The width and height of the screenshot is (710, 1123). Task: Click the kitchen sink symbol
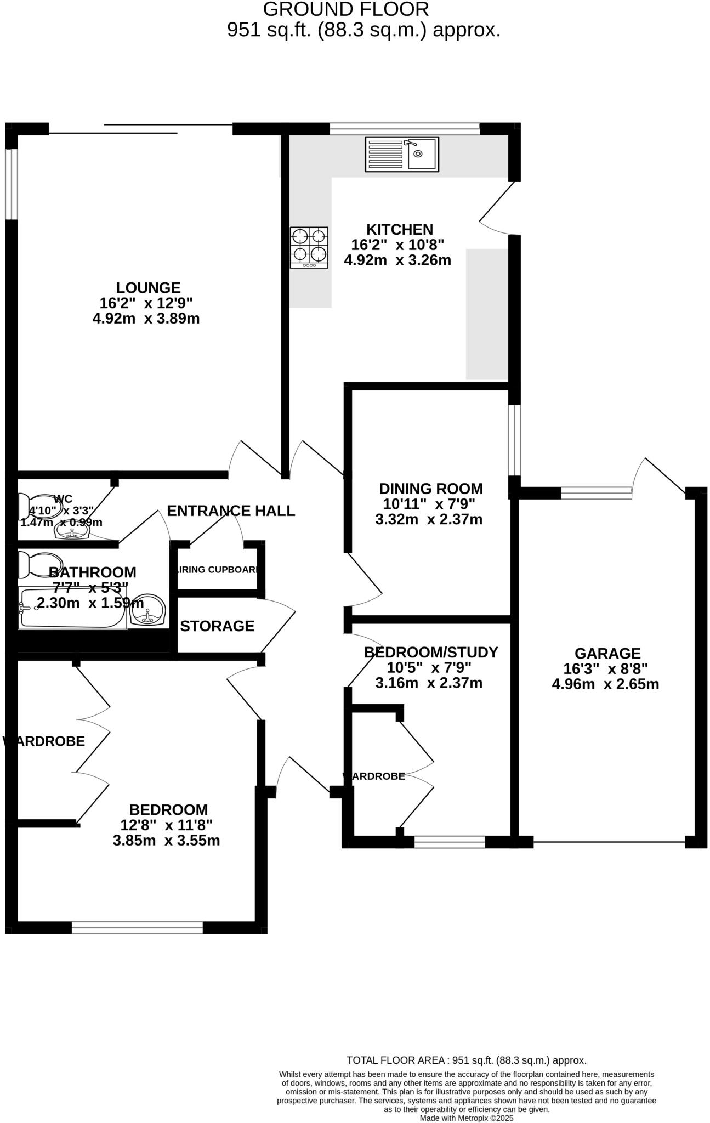402,154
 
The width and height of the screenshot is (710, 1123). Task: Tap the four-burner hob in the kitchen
309,247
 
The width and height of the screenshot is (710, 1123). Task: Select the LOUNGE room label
148,288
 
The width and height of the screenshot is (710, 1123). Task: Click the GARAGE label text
607,654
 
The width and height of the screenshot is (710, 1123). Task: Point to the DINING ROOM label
431,489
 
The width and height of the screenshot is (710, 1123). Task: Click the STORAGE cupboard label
217,626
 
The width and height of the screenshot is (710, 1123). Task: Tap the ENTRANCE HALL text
231,511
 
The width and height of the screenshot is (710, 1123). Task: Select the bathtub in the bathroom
71,608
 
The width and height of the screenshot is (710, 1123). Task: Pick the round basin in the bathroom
148,611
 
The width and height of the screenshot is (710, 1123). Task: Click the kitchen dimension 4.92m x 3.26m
397,260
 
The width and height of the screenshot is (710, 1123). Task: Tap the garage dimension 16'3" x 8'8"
605,669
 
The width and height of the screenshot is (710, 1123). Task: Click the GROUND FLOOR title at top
346,9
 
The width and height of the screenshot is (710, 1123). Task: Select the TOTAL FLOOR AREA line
467,1060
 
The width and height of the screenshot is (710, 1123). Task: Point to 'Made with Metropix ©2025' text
467,1118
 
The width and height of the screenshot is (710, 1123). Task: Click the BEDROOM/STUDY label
431,653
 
